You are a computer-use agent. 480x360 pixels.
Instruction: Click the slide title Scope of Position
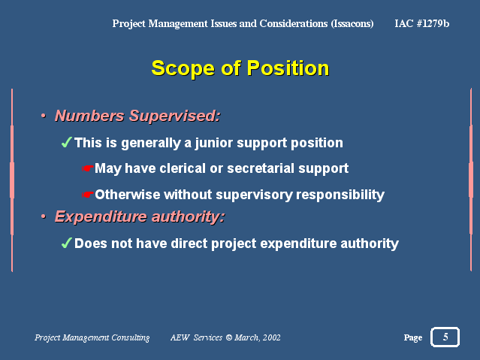240,68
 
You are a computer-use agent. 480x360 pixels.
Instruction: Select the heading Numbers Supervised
137,116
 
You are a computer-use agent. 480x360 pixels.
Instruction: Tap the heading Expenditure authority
140,217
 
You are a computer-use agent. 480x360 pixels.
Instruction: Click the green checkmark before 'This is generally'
66,142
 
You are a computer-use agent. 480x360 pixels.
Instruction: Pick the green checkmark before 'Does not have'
66,243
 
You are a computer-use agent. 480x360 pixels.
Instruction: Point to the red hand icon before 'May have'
88,168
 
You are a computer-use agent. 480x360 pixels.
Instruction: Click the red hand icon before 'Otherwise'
88,195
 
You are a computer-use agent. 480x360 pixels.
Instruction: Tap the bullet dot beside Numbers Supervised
44,116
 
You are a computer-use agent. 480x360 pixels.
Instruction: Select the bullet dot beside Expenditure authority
44,216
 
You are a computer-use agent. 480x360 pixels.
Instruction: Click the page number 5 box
445,337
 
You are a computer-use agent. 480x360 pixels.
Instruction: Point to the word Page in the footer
413,337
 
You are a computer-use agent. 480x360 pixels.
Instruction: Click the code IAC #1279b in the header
422,23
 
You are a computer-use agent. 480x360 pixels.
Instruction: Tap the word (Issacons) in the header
352,23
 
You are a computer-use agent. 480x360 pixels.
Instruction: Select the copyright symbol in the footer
229,337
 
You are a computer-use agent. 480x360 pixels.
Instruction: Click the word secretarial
261,168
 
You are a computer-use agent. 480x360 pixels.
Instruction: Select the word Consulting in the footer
131,337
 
